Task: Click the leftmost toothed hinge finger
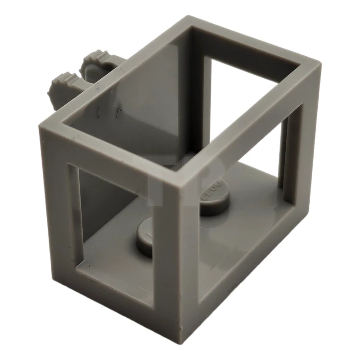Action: point(62,82)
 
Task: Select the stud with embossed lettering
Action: point(211,198)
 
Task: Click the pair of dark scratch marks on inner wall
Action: point(108,112)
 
